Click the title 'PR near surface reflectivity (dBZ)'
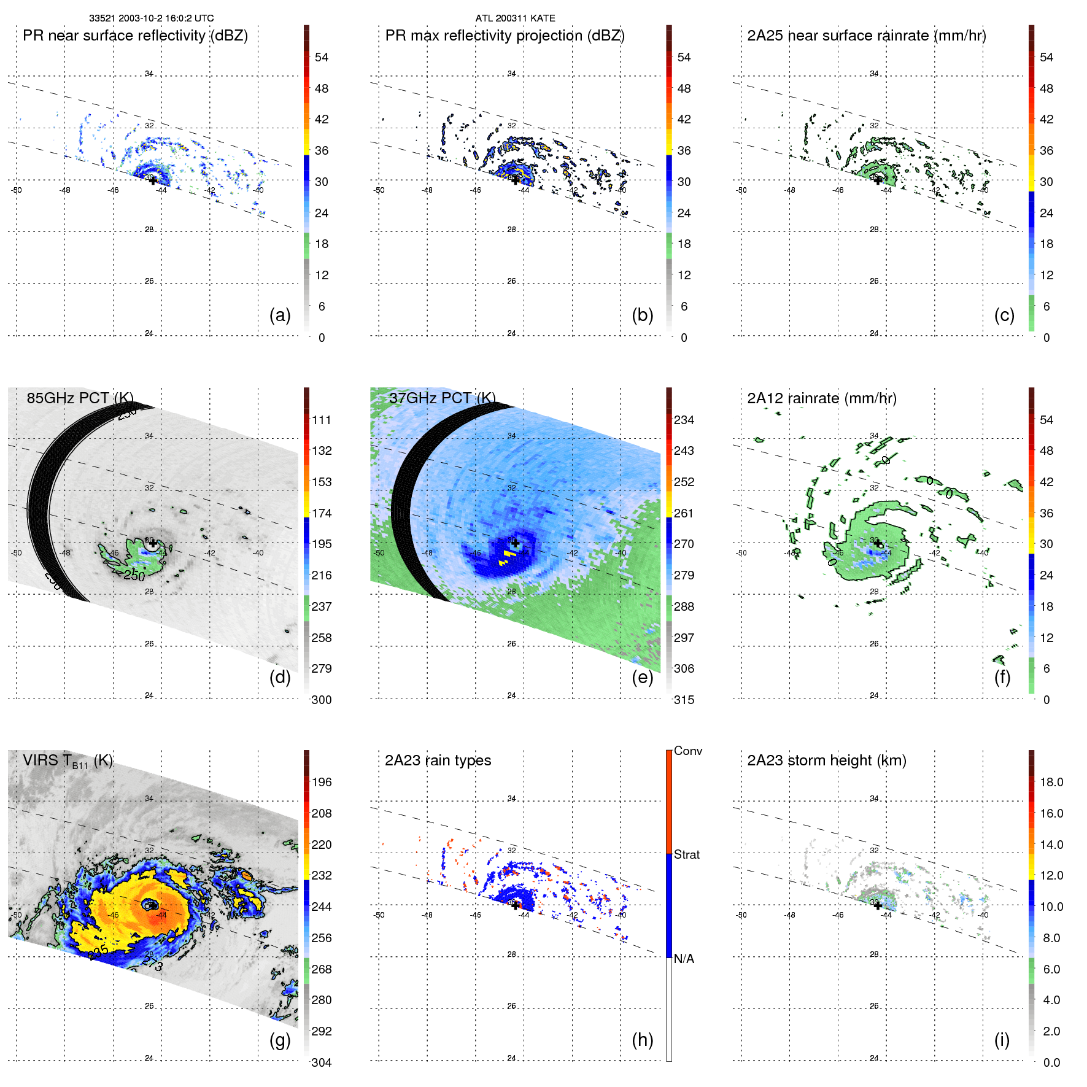[x=135, y=36]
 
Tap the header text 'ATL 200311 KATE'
[x=515, y=18]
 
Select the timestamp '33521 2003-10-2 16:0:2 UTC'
[x=152, y=18]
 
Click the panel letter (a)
[x=280, y=315]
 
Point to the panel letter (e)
[x=643, y=677]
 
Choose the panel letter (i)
[x=1002, y=1040]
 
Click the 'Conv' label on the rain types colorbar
[x=687, y=751]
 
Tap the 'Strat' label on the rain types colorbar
[x=686, y=854]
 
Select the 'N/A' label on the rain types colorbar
[x=684, y=959]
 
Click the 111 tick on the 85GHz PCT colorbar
[x=322, y=420]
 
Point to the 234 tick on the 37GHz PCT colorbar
[x=684, y=420]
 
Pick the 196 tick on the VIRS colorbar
[x=322, y=782]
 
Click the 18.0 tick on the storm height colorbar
[x=1051, y=782]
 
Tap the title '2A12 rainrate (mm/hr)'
[x=822, y=398]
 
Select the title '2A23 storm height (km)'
[x=827, y=760]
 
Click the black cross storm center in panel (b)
[x=515, y=180]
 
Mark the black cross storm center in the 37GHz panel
[x=515, y=543]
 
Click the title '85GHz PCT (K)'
[x=80, y=398]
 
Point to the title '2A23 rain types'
[x=438, y=760]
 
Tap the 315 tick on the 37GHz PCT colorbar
[x=684, y=700]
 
